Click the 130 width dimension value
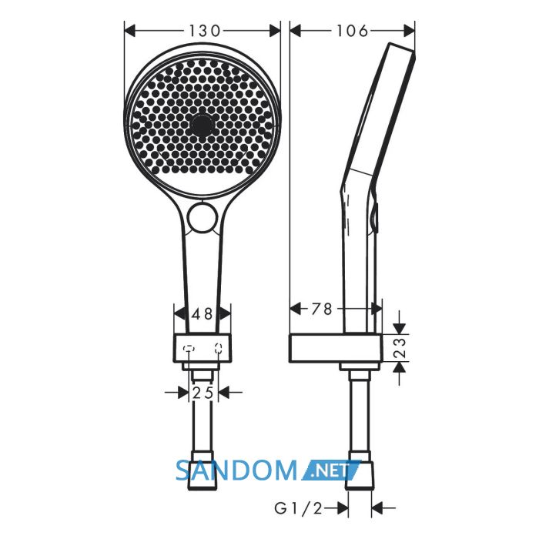(x=204, y=31)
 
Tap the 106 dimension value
(x=352, y=31)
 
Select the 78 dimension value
(x=322, y=309)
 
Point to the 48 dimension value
(x=203, y=313)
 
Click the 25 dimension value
(x=203, y=392)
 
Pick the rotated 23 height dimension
(x=400, y=347)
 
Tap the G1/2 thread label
(x=299, y=508)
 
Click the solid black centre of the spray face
(x=202, y=125)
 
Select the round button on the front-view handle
(x=203, y=218)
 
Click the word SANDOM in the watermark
(x=236, y=470)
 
